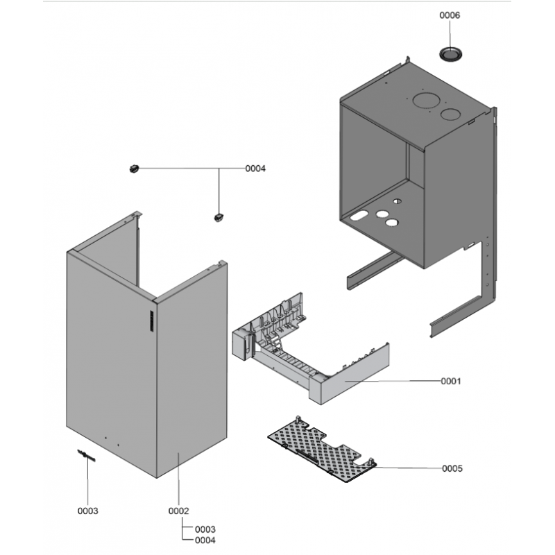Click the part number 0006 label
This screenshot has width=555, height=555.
click(450, 15)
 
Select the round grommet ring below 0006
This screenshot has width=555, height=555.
click(450, 54)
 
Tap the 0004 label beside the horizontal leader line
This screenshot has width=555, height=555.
click(255, 169)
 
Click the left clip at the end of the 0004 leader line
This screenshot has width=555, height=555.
click(134, 169)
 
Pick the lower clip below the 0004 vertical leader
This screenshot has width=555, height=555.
click(219, 217)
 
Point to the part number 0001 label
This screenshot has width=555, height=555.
click(450, 381)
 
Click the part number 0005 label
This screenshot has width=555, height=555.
click(452, 468)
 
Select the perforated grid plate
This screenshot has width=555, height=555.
click(321, 450)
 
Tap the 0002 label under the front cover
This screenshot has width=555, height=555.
click(178, 511)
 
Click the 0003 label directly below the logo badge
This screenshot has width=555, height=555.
click(88, 511)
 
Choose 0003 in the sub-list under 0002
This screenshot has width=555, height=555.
click(205, 529)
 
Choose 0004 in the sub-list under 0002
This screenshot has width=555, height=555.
click(205, 540)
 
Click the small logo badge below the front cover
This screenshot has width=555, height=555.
click(86, 456)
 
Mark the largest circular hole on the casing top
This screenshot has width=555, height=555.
click(426, 100)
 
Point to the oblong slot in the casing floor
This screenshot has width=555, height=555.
click(359, 215)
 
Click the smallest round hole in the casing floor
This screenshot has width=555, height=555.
click(398, 201)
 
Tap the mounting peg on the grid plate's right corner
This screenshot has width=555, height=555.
click(372, 461)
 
